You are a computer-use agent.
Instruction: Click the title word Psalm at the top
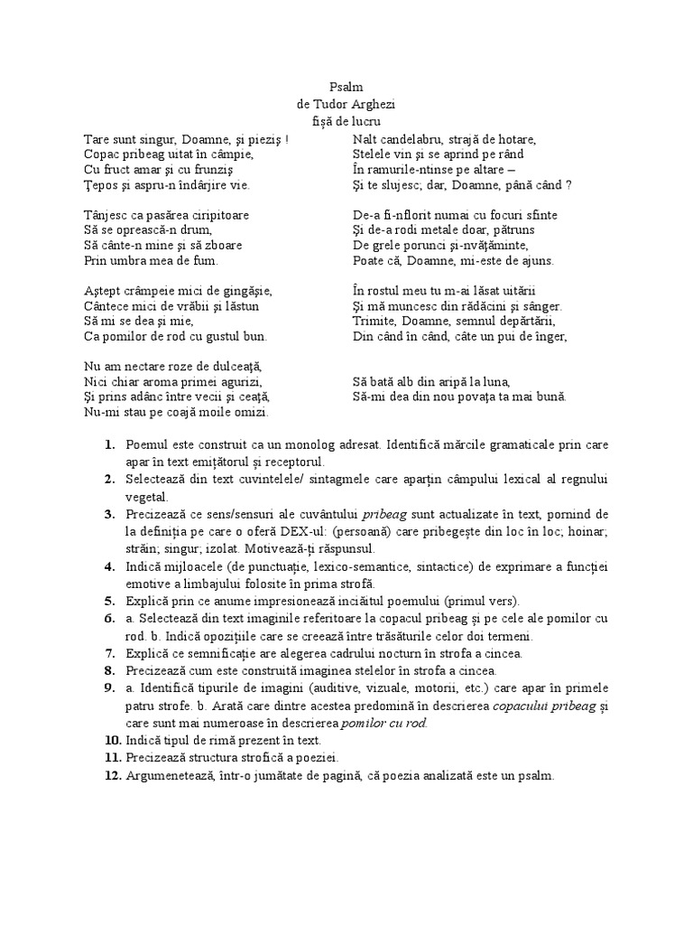tap(346, 88)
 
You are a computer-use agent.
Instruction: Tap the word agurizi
tap(235, 380)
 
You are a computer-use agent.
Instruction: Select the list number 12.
tap(109, 774)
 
